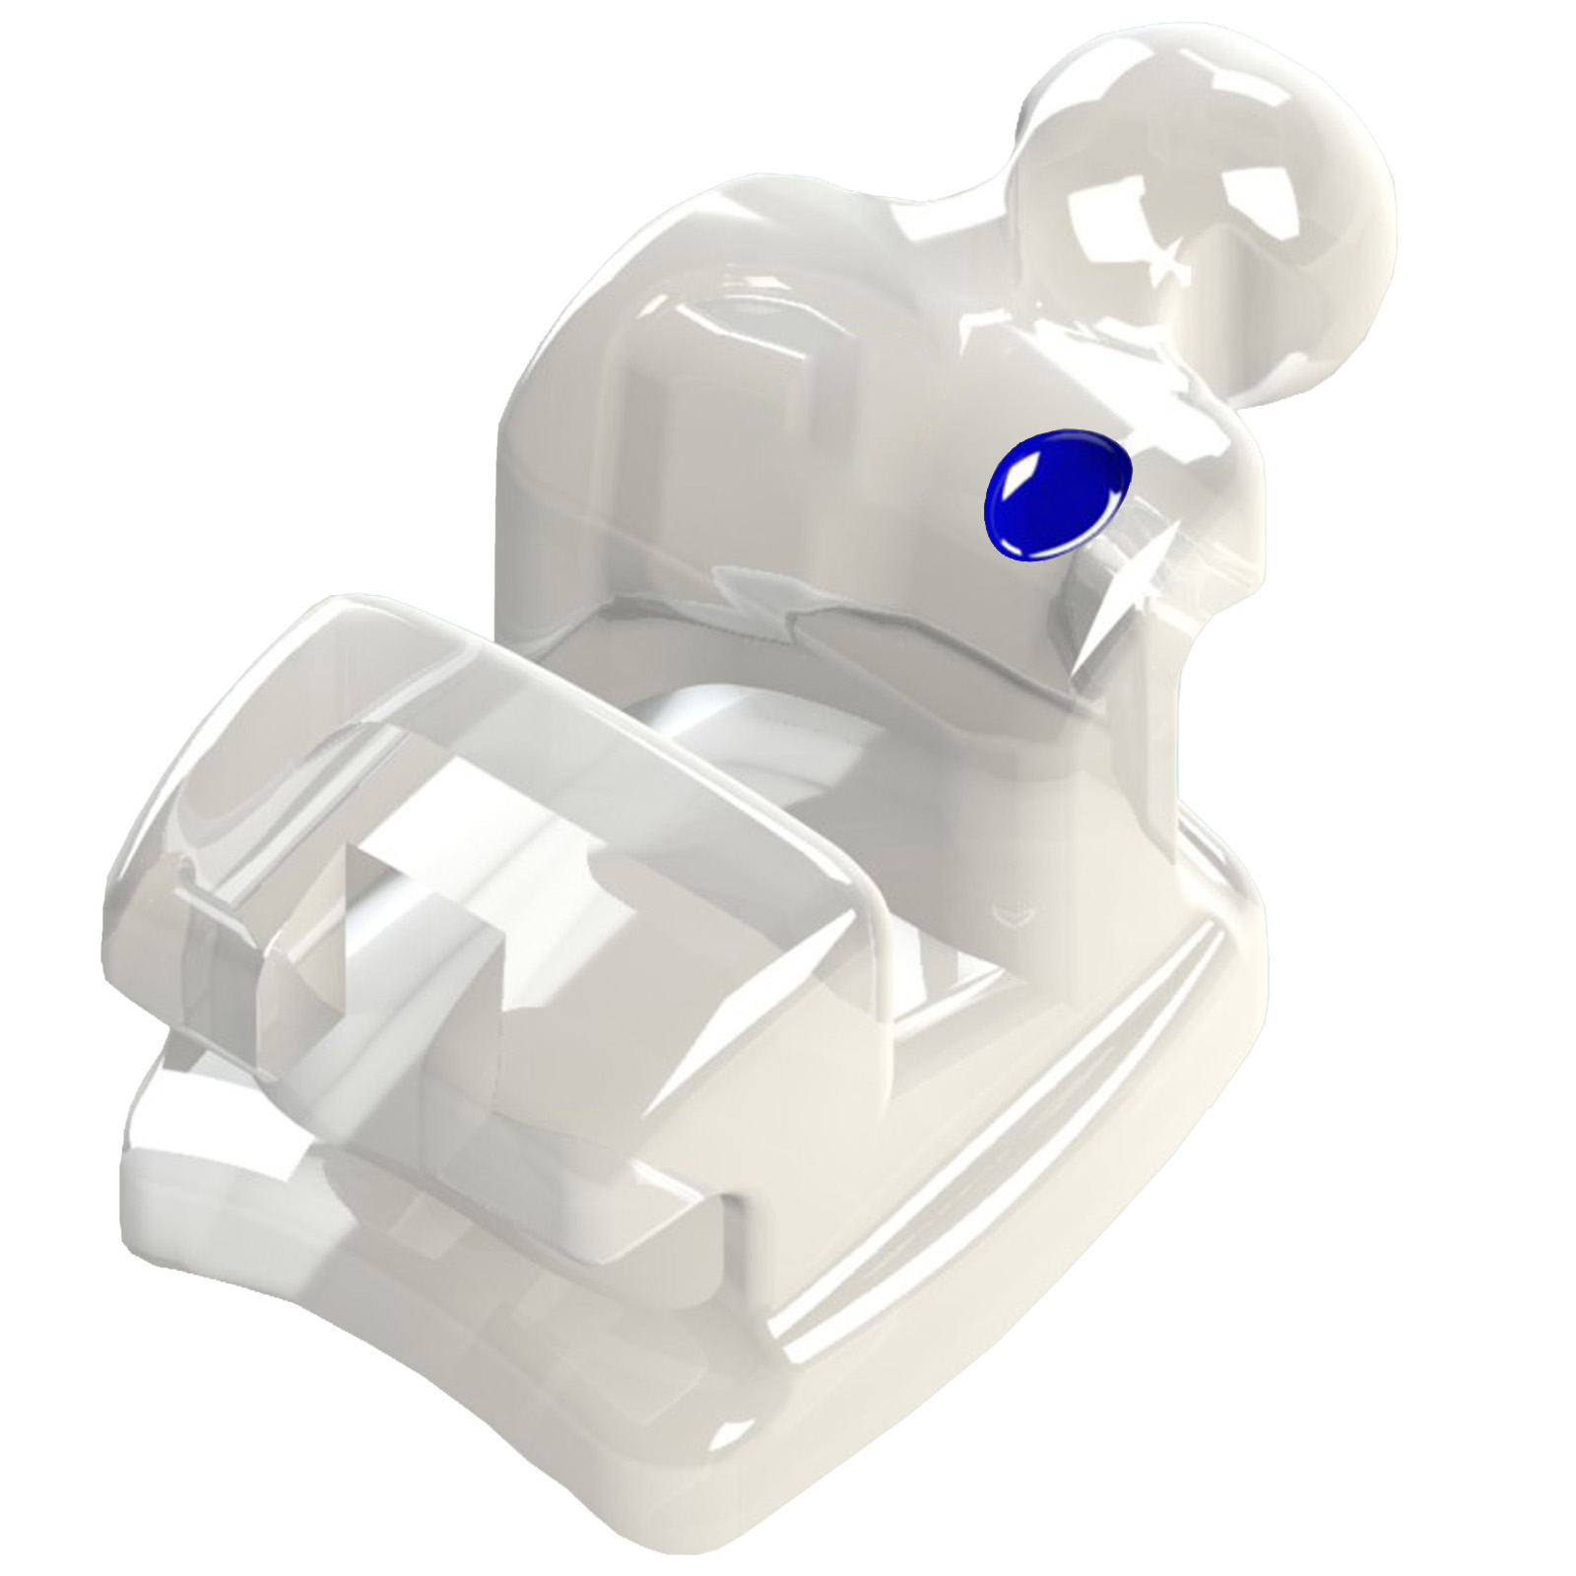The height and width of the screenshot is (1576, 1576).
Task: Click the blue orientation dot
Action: click(x=1056, y=495)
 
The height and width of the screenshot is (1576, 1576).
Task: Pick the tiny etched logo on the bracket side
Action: click(x=1010, y=912)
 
